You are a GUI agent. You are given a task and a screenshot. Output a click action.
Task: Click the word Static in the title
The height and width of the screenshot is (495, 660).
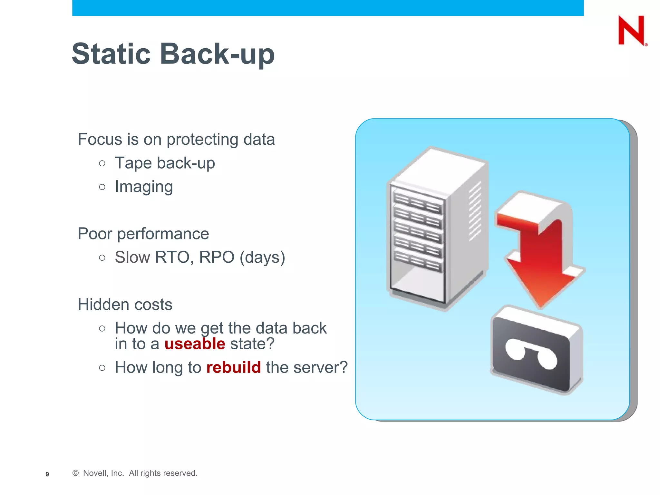(x=111, y=54)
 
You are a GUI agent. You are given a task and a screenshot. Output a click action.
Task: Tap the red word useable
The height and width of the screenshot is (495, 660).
(x=195, y=344)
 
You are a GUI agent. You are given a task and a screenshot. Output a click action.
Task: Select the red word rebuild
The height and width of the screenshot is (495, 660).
(x=233, y=367)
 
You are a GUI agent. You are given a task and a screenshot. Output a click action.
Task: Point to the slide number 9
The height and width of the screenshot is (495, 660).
(x=47, y=474)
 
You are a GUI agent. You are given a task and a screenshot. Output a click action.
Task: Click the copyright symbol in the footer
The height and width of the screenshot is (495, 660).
(x=75, y=473)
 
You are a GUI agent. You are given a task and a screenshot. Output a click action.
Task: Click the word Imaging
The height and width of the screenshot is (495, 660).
(x=144, y=187)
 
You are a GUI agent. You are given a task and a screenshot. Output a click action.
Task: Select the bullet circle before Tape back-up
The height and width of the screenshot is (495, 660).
(x=102, y=163)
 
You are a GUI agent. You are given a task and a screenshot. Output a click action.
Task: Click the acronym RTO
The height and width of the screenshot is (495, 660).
(x=174, y=257)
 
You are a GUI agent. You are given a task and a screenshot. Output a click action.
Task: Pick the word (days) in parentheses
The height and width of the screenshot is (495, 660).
(x=262, y=257)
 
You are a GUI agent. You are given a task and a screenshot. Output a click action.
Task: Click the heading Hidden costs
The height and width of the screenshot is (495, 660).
(x=125, y=305)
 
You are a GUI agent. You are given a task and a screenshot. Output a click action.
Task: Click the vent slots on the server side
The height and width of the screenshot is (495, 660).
(x=475, y=211)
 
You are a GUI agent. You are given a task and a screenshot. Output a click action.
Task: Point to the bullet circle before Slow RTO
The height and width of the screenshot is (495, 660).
(x=102, y=257)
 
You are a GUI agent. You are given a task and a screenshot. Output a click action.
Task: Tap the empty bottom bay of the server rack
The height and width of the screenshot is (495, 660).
(x=417, y=284)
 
